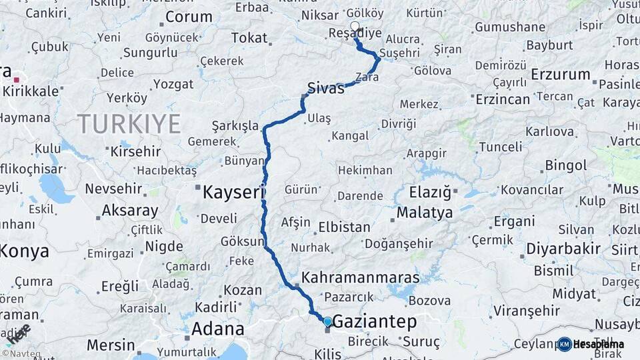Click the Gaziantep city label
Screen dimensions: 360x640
[x=374, y=322]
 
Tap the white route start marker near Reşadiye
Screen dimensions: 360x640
[x=355, y=27]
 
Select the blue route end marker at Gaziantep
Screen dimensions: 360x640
[x=327, y=321]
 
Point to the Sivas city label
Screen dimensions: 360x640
[x=326, y=87]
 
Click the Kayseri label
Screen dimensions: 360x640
[x=233, y=193]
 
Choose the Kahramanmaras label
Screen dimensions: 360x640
[x=360, y=277]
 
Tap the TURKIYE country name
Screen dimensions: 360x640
[x=129, y=124]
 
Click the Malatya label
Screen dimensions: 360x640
[x=425, y=213]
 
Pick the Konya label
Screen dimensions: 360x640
[x=24, y=251]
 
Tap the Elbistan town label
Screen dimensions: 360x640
[x=344, y=227]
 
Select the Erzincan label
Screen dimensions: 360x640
[x=503, y=99]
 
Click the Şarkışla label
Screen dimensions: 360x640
[x=234, y=125]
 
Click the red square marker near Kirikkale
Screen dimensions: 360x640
[x=16, y=79]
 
